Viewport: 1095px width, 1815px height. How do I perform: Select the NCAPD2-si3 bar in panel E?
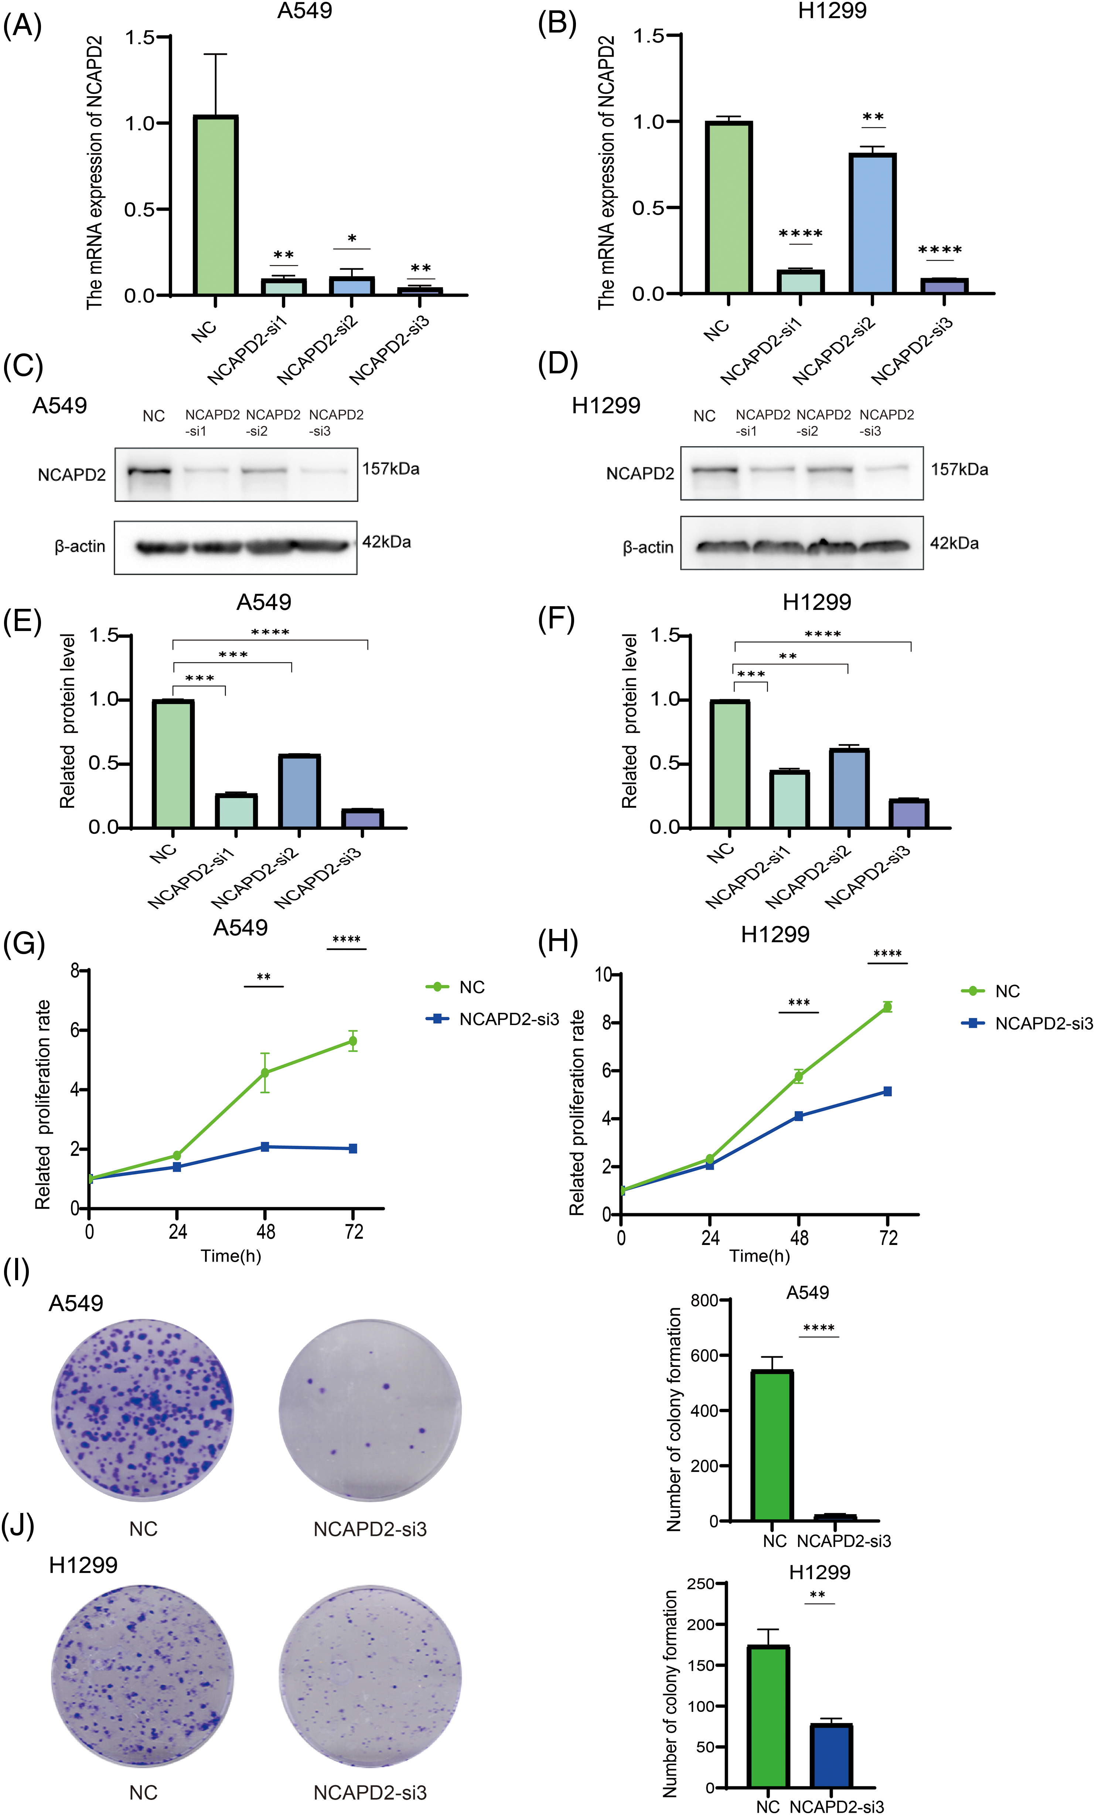tap(362, 818)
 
